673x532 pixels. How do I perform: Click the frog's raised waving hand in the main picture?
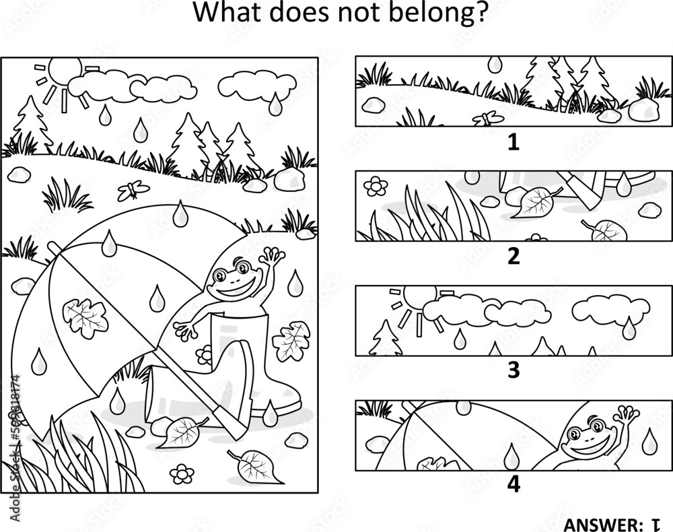(x=273, y=257)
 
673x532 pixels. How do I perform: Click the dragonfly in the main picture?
(x=133, y=190)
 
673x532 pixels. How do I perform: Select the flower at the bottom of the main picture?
(x=182, y=473)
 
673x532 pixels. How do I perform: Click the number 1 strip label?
(x=513, y=142)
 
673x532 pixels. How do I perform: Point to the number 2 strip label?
(x=513, y=257)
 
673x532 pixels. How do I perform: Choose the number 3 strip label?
(x=513, y=370)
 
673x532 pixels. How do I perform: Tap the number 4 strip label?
(x=513, y=484)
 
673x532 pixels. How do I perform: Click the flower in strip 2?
(x=376, y=186)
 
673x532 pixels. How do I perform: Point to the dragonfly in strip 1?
(x=488, y=118)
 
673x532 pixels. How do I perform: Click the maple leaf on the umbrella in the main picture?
(x=85, y=318)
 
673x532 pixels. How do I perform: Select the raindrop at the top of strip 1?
(x=495, y=64)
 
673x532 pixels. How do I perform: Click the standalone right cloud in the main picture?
(x=257, y=86)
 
